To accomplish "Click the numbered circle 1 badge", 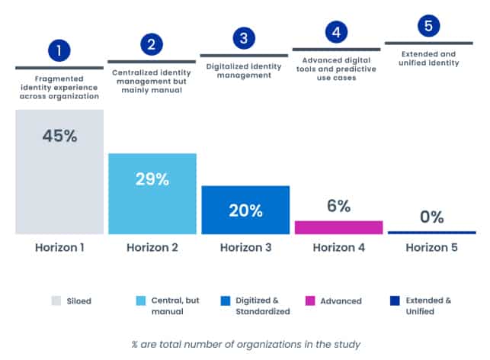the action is tap(59, 50).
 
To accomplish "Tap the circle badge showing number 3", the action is tap(244, 38).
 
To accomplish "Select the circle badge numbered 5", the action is tap(428, 26).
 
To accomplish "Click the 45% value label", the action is tap(59, 136).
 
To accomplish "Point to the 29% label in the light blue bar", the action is tap(152, 179).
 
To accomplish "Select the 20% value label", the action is tap(245, 211).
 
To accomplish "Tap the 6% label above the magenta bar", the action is tap(339, 206).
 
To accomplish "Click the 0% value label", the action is tap(431, 217).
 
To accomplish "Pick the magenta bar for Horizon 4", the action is tap(339, 227).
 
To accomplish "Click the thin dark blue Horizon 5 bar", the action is tap(432, 233).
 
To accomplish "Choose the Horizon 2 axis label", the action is tap(152, 247).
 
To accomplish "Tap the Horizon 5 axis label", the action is tap(431, 247).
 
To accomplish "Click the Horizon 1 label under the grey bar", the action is tap(59, 247).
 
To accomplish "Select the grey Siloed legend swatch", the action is tap(56, 301).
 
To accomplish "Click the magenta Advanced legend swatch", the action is tap(310, 301).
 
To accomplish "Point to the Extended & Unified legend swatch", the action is tap(395, 301).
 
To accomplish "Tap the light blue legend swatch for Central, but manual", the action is tap(141, 301).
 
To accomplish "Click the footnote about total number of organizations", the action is tap(246, 344).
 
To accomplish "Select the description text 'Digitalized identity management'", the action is tap(244, 71).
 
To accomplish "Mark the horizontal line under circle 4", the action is tap(336, 50).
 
